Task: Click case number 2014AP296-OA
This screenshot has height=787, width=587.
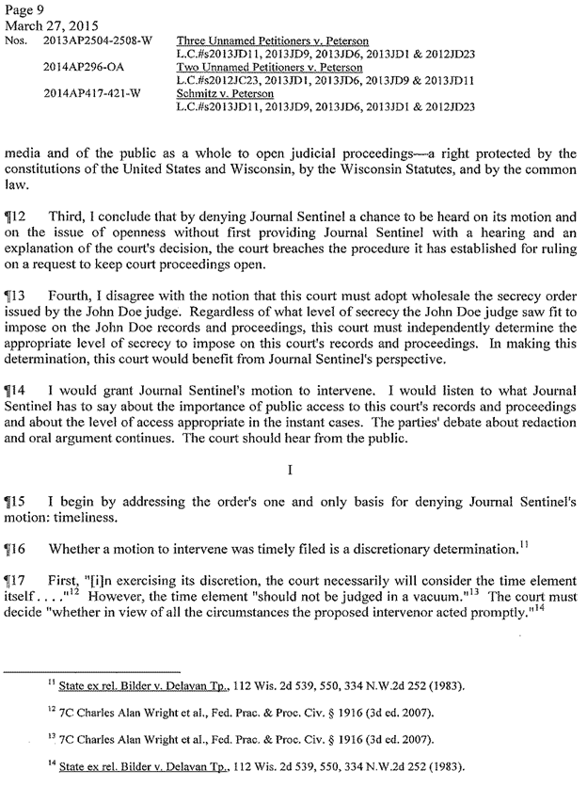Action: point(82,69)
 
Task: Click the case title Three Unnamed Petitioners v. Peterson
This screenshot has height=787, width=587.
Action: point(272,42)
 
